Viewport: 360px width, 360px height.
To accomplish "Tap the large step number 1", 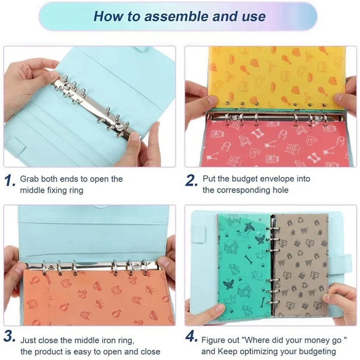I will pos(10,181).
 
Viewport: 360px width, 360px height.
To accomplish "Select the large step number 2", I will pos(191,181).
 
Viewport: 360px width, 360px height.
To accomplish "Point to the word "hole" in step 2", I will pos(279,190).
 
